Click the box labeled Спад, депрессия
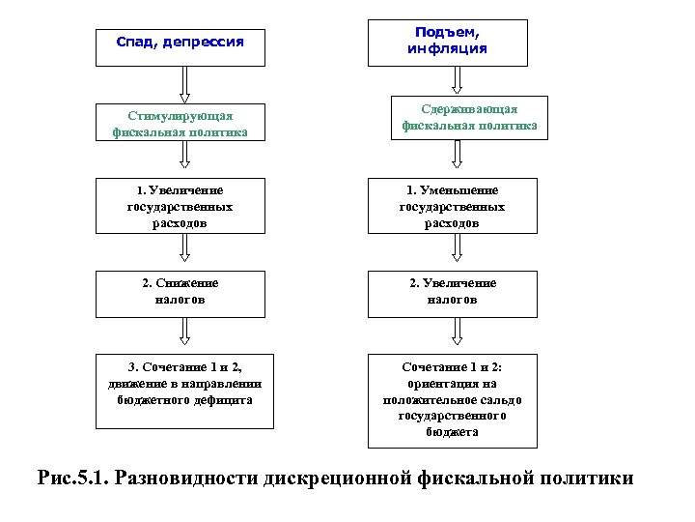pyautogui.click(x=180, y=44)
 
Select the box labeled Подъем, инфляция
pyautogui.click(x=446, y=43)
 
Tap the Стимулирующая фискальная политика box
pyautogui.click(x=180, y=123)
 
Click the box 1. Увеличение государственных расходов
pyautogui.click(x=180, y=205)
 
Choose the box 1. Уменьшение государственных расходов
pyautogui.click(x=452, y=205)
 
